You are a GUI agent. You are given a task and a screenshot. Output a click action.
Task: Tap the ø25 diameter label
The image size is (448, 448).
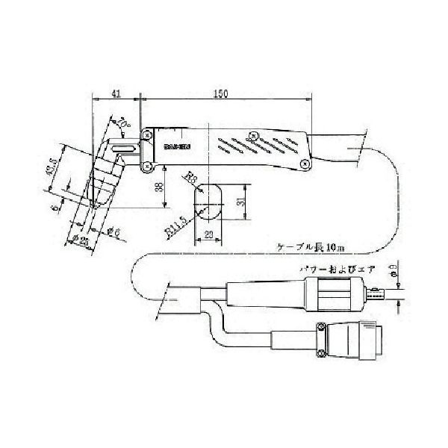tap(82, 241)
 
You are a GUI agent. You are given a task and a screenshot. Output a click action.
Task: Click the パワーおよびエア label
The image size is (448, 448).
tap(335, 267)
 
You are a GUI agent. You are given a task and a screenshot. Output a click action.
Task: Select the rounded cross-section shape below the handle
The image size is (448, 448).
tap(209, 202)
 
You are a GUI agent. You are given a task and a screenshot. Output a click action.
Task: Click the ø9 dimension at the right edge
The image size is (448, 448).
tap(393, 269)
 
